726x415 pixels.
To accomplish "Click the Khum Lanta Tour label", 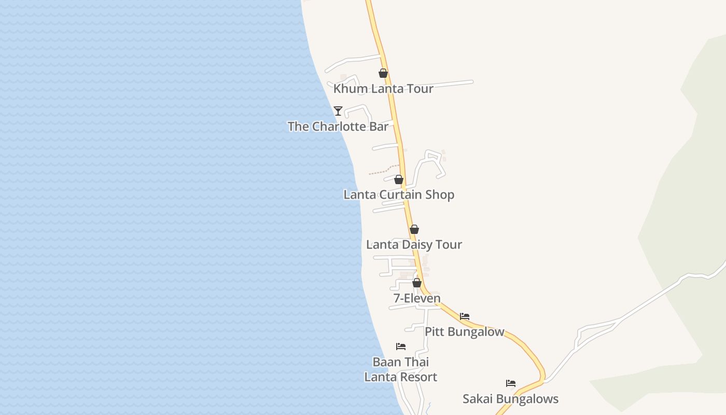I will [383, 89].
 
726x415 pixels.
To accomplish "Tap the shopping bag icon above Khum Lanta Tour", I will [383, 73].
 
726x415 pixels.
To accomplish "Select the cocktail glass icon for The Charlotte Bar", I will [338, 110].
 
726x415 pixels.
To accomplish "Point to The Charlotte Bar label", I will [338, 126].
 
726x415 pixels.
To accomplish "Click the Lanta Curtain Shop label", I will [399, 195].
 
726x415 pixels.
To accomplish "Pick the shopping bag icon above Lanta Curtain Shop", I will [398, 179].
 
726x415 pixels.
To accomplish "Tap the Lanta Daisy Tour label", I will [414, 244].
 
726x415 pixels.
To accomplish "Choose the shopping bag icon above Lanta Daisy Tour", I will [414, 229].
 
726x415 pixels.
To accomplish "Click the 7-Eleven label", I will [417, 298].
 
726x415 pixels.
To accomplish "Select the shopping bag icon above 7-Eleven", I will [416, 283].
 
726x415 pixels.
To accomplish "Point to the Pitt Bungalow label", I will [465, 331].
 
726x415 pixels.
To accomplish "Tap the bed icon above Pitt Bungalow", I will [465, 316].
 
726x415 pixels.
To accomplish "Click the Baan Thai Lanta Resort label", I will [401, 369].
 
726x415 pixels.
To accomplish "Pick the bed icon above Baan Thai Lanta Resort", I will [401, 347].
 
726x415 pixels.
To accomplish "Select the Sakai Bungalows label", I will [510, 399].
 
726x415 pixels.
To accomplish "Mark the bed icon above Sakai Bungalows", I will [511, 383].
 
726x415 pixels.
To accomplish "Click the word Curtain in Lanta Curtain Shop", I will [401, 195].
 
